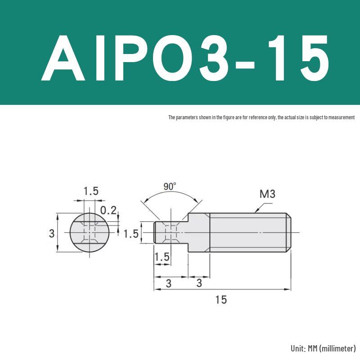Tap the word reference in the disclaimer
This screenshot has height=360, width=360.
(x=258, y=117)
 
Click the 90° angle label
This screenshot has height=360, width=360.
(x=170, y=186)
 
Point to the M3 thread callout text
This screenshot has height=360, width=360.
(x=267, y=194)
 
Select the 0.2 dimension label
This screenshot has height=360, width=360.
(x=108, y=210)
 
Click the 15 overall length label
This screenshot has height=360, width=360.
(x=221, y=300)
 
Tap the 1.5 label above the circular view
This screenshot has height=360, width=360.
(x=90, y=191)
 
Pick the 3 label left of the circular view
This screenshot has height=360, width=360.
(x=52, y=233)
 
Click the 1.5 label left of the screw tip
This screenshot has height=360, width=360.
(x=131, y=234)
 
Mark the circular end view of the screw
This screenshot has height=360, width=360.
(x=90, y=233)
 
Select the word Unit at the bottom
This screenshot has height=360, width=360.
(x=298, y=348)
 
